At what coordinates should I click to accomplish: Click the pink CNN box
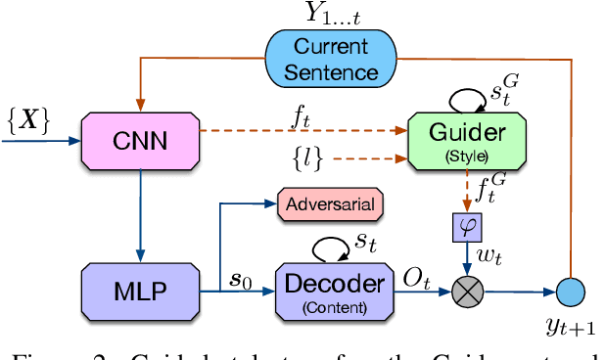click(142, 142)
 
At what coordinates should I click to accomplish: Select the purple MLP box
click(142, 289)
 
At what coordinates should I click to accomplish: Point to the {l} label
click(306, 157)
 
